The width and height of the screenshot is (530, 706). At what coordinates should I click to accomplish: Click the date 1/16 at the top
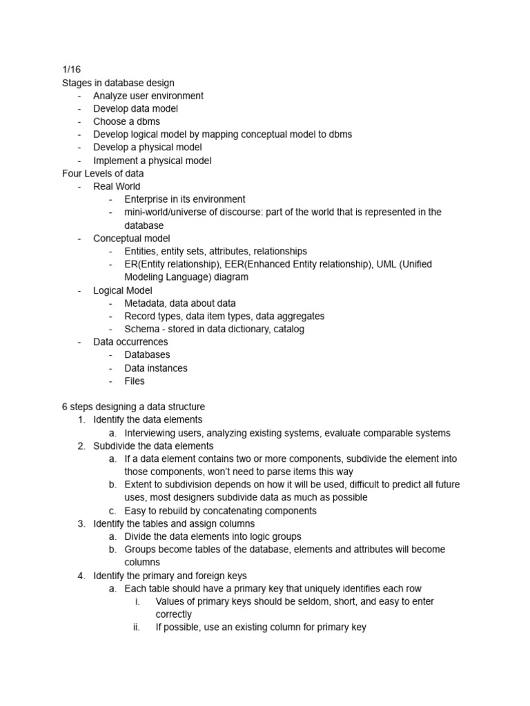point(71,70)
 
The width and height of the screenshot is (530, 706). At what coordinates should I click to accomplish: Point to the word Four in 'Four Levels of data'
point(72,174)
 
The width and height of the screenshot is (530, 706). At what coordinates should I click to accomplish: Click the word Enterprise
point(148,199)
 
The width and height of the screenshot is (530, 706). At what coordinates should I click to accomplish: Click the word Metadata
point(147,303)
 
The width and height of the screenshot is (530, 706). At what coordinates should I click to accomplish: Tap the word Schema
point(142,329)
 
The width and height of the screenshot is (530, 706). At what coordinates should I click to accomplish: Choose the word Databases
point(147,355)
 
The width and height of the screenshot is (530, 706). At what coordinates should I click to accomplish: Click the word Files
point(135,381)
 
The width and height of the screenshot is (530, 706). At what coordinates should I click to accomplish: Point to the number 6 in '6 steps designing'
point(65,407)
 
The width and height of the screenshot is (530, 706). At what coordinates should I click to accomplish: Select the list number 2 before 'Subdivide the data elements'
point(81,446)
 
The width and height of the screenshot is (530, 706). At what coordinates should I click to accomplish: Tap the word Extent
point(139,485)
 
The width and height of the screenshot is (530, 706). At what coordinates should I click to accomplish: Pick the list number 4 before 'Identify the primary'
point(81,576)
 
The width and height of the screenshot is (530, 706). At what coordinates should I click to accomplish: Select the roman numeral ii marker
point(137,627)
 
